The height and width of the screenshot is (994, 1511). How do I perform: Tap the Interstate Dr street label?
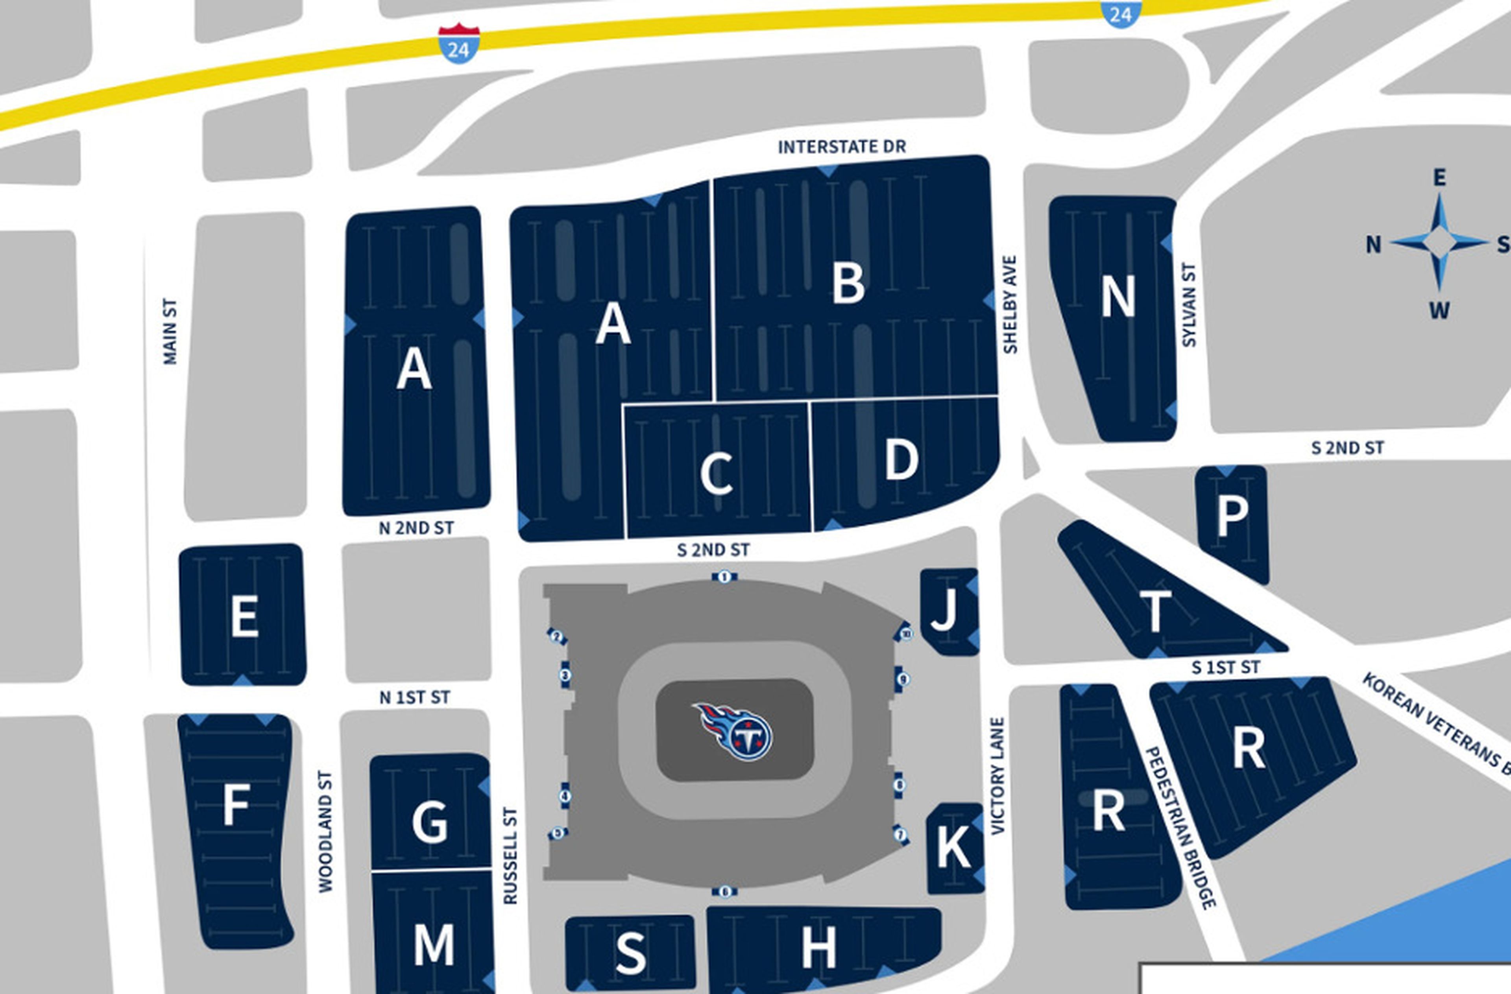(842, 147)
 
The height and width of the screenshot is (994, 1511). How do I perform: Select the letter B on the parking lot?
(849, 284)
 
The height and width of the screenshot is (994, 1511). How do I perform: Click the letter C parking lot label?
(717, 474)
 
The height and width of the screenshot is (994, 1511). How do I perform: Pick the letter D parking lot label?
(901, 460)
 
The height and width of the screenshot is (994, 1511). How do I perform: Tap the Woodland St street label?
(325, 832)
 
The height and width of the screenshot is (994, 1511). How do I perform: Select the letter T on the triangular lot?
(1155, 610)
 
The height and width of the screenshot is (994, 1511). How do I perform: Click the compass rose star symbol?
(1439, 242)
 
